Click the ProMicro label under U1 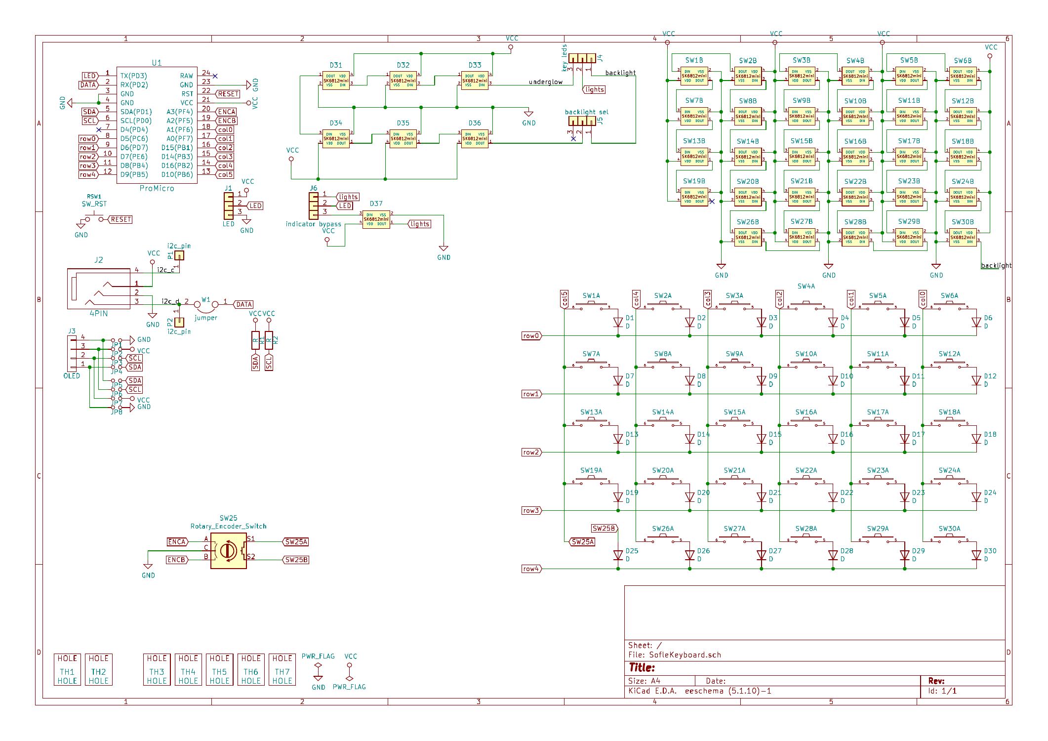(157, 188)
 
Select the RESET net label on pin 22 (228, 94)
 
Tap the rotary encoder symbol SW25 (228, 550)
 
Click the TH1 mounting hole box (67, 669)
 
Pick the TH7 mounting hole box (282, 669)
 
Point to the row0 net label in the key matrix (531, 336)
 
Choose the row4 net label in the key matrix (531, 569)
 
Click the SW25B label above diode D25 (604, 528)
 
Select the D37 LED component (376, 219)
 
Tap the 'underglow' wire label (545, 82)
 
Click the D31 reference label (336, 65)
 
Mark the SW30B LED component (963, 237)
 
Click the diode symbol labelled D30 (976, 555)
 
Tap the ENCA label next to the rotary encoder (176, 542)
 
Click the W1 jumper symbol (205, 304)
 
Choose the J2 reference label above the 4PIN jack (99, 260)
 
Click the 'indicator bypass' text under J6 (313, 224)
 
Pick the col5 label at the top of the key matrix (564, 299)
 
